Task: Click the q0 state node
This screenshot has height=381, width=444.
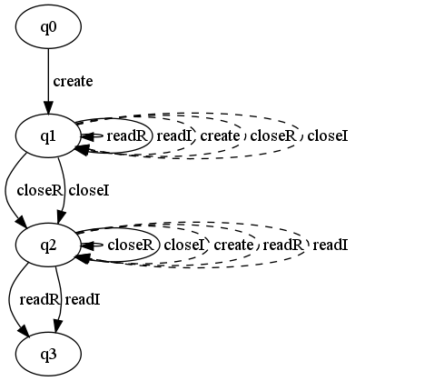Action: (x=48, y=27)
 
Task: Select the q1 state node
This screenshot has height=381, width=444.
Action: (x=48, y=136)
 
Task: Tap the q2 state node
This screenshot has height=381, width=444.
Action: (x=48, y=245)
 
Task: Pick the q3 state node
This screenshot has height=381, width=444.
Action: (x=48, y=354)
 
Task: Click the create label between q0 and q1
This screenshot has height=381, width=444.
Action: (x=73, y=81)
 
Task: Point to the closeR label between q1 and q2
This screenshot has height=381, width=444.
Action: (x=40, y=191)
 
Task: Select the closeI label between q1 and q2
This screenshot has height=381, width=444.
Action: (x=89, y=191)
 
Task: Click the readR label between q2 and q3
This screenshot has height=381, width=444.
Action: (x=39, y=300)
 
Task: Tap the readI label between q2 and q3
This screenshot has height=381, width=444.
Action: (x=83, y=300)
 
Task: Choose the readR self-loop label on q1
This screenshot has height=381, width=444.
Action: (x=127, y=136)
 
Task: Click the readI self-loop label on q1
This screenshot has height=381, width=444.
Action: (x=174, y=136)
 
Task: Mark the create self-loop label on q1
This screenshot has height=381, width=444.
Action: (x=220, y=136)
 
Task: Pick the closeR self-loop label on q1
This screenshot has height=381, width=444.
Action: (x=272, y=136)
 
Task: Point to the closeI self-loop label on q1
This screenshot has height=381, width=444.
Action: (x=328, y=136)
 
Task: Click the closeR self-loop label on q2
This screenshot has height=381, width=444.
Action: (x=131, y=245)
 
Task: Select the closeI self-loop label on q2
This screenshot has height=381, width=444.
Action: (x=184, y=245)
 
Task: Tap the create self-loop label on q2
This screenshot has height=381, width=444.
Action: (x=233, y=245)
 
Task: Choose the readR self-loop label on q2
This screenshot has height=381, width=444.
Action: (x=282, y=245)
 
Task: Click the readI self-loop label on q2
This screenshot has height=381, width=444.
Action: (x=331, y=245)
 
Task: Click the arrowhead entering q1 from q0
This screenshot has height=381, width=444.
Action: (x=48, y=108)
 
